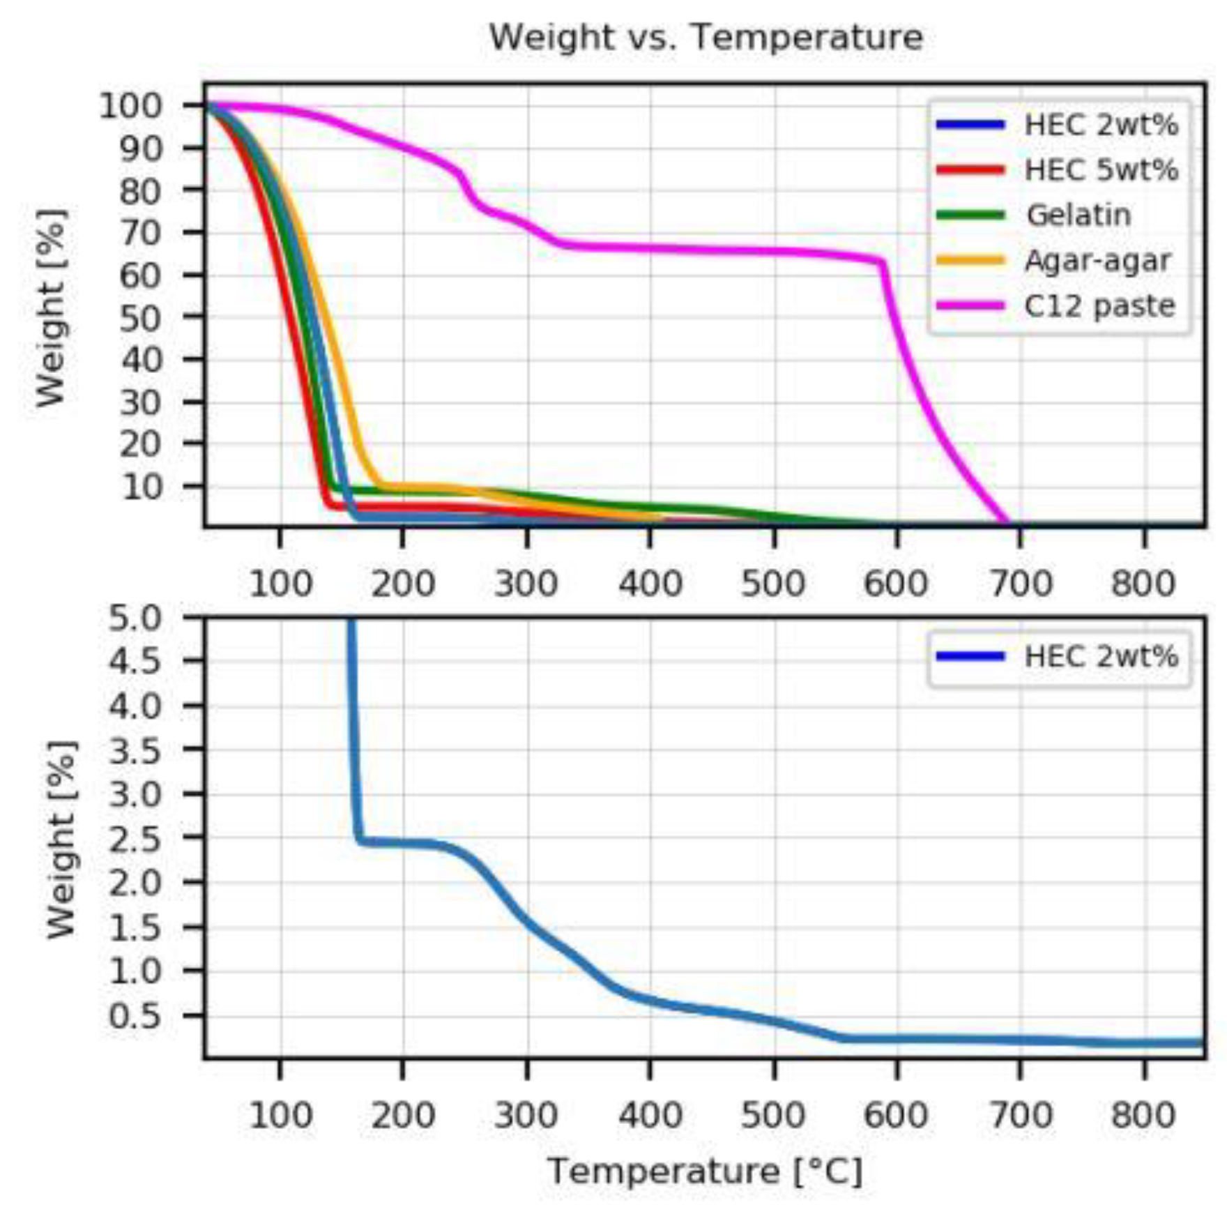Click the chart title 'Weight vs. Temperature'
coord(706,37)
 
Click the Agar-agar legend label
coord(1097,261)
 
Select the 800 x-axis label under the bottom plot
coord(1143,1116)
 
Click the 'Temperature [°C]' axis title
coord(706,1171)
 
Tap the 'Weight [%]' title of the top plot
coord(52,307)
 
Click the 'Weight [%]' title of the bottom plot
coord(61,840)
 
